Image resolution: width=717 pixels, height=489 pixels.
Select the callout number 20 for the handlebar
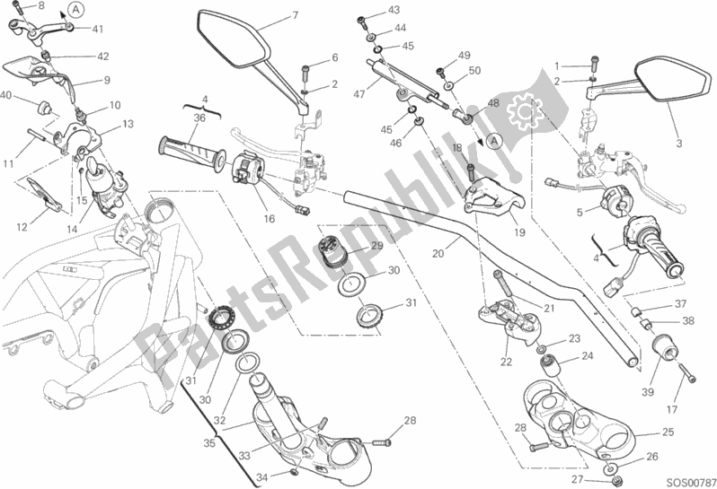tap(438, 254)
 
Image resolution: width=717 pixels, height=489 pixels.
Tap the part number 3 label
tap(679, 144)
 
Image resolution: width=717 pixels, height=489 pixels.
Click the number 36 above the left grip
tap(200, 118)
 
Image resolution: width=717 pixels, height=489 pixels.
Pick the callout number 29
tap(376, 246)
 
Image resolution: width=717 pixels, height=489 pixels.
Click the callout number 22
tap(507, 362)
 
